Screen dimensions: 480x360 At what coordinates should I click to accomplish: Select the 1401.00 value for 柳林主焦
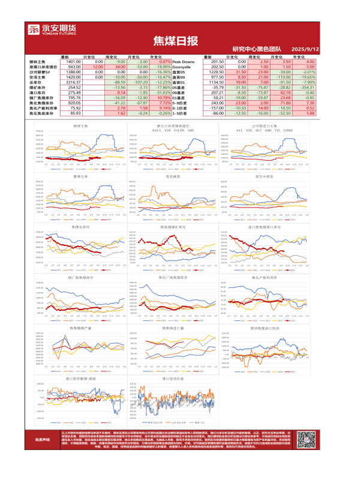pos(73,62)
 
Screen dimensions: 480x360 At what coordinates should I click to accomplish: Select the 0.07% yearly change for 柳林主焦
pos(162,62)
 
